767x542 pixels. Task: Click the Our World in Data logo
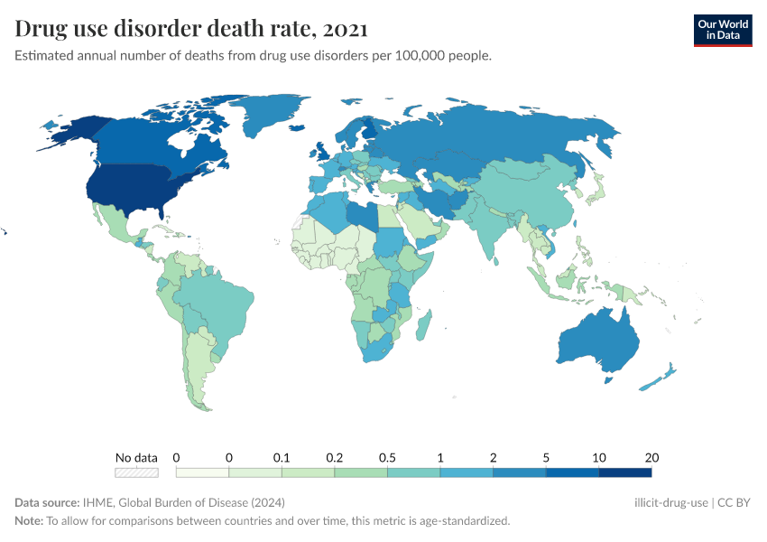pyautogui.click(x=722, y=30)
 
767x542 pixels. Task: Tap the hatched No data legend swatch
pyautogui.click(x=136, y=472)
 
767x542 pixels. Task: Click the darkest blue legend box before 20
pyautogui.click(x=624, y=472)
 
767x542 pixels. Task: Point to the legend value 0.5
pyautogui.click(x=387, y=457)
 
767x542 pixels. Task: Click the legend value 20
pyautogui.click(x=651, y=457)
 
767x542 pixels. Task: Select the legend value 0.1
pyautogui.click(x=282, y=457)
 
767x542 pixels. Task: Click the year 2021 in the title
pyautogui.click(x=344, y=29)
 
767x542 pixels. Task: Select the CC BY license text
pyautogui.click(x=735, y=502)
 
